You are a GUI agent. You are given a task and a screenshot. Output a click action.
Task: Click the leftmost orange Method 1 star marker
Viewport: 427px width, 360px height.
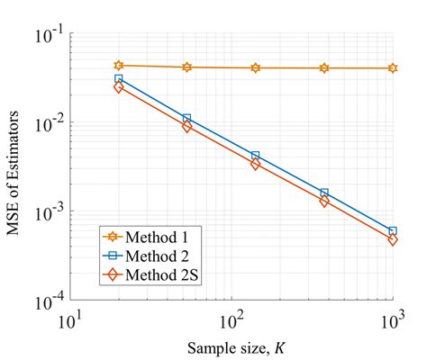[119, 65]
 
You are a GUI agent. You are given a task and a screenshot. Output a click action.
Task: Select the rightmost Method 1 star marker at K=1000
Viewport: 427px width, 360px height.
[393, 68]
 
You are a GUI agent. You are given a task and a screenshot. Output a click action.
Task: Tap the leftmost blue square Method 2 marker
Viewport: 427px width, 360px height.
[119, 79]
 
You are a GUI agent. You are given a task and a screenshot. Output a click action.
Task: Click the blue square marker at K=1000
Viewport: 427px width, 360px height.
[393, 231]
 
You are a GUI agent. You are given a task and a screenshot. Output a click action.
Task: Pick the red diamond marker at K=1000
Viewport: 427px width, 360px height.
[393, 240]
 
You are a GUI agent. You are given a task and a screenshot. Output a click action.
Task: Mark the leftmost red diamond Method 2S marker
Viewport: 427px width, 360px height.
[119, 87]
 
